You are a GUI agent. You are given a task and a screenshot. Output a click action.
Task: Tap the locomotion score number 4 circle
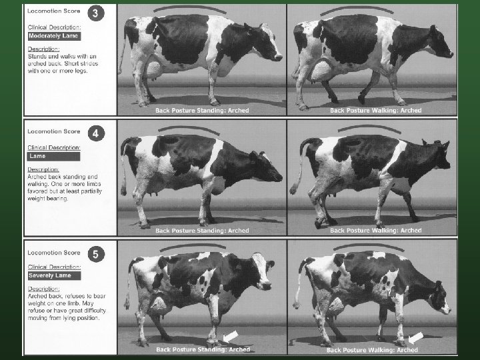point(97,134)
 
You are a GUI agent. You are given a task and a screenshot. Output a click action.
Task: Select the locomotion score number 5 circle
point(97,253)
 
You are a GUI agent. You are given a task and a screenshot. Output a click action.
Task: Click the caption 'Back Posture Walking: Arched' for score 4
point(374,231)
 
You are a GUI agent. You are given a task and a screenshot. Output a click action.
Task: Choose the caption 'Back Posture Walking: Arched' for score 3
point(374,110)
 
